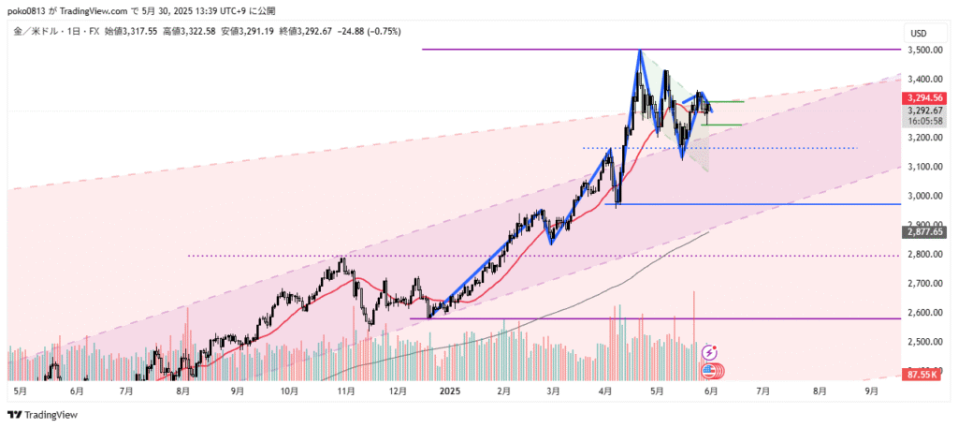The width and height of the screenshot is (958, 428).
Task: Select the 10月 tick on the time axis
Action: click(290, 391)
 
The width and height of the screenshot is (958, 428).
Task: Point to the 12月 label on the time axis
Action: click(398, 391)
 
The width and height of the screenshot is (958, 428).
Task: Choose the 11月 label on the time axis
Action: click(344, 391)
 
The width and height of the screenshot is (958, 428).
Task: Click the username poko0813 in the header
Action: click(27, 10)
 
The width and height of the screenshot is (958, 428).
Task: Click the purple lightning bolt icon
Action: click(709, 352)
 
